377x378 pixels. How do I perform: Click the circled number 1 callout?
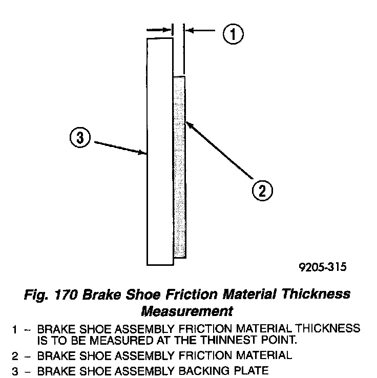pyautogui.click(x=233, y=34)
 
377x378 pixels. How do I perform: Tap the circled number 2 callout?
pyautogui.click(x=262, y=191)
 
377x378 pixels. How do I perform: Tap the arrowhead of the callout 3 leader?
pyautogui.click(x=144, y=152)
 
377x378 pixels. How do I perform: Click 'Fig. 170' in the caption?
pyautogui.click(x=50, y=295)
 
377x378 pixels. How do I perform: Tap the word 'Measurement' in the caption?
pyautogui.click(x=187, y=310)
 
